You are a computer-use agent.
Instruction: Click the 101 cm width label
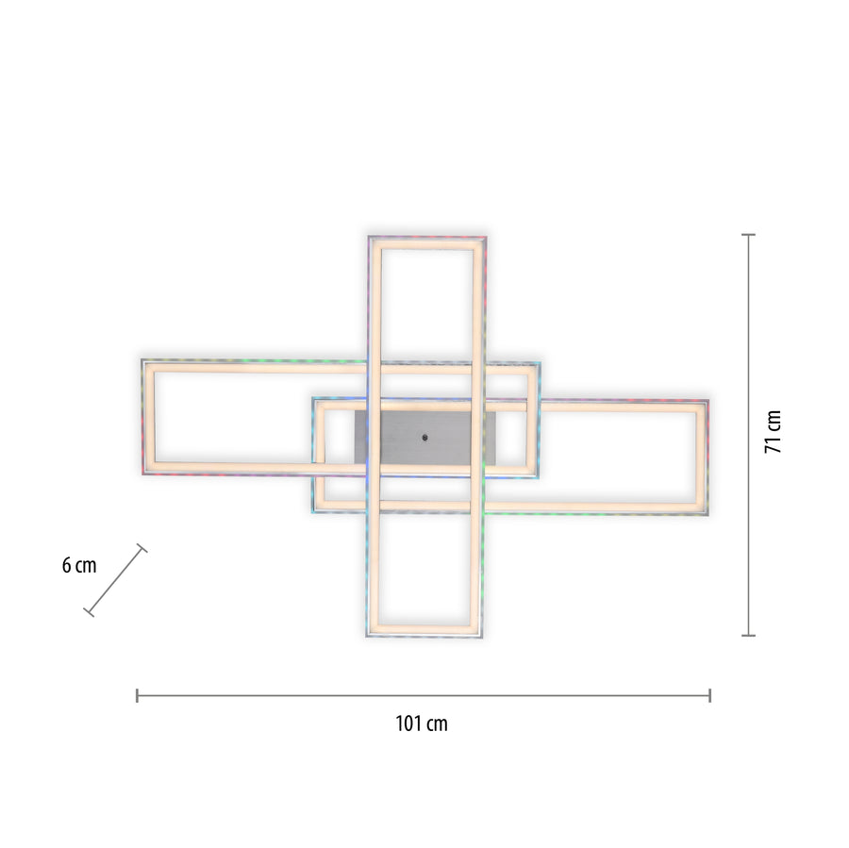pyautogui.click(x=422, y=723)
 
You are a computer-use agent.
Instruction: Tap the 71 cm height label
pyautogui.click(x=774, y=432)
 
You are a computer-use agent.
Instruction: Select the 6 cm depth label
pyautogui.click(x=79, y=565)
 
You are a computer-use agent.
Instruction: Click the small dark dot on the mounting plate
pyautogui.click(x=425, y=437)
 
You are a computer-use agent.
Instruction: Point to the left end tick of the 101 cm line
pyautogui.click(x=137, y=695)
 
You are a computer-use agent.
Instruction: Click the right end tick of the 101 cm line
pyautogui.click(x=709, y=695)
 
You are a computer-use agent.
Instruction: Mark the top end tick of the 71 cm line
pyautogui.click(x=748, y=235)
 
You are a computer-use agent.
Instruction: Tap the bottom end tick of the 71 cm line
pyautogui.click(x=748, y=635)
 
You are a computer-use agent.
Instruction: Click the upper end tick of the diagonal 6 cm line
pyautogui.click(x=141, y=548)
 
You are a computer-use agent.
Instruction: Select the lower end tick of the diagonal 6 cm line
pyautogui.click(x=89, y=612)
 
